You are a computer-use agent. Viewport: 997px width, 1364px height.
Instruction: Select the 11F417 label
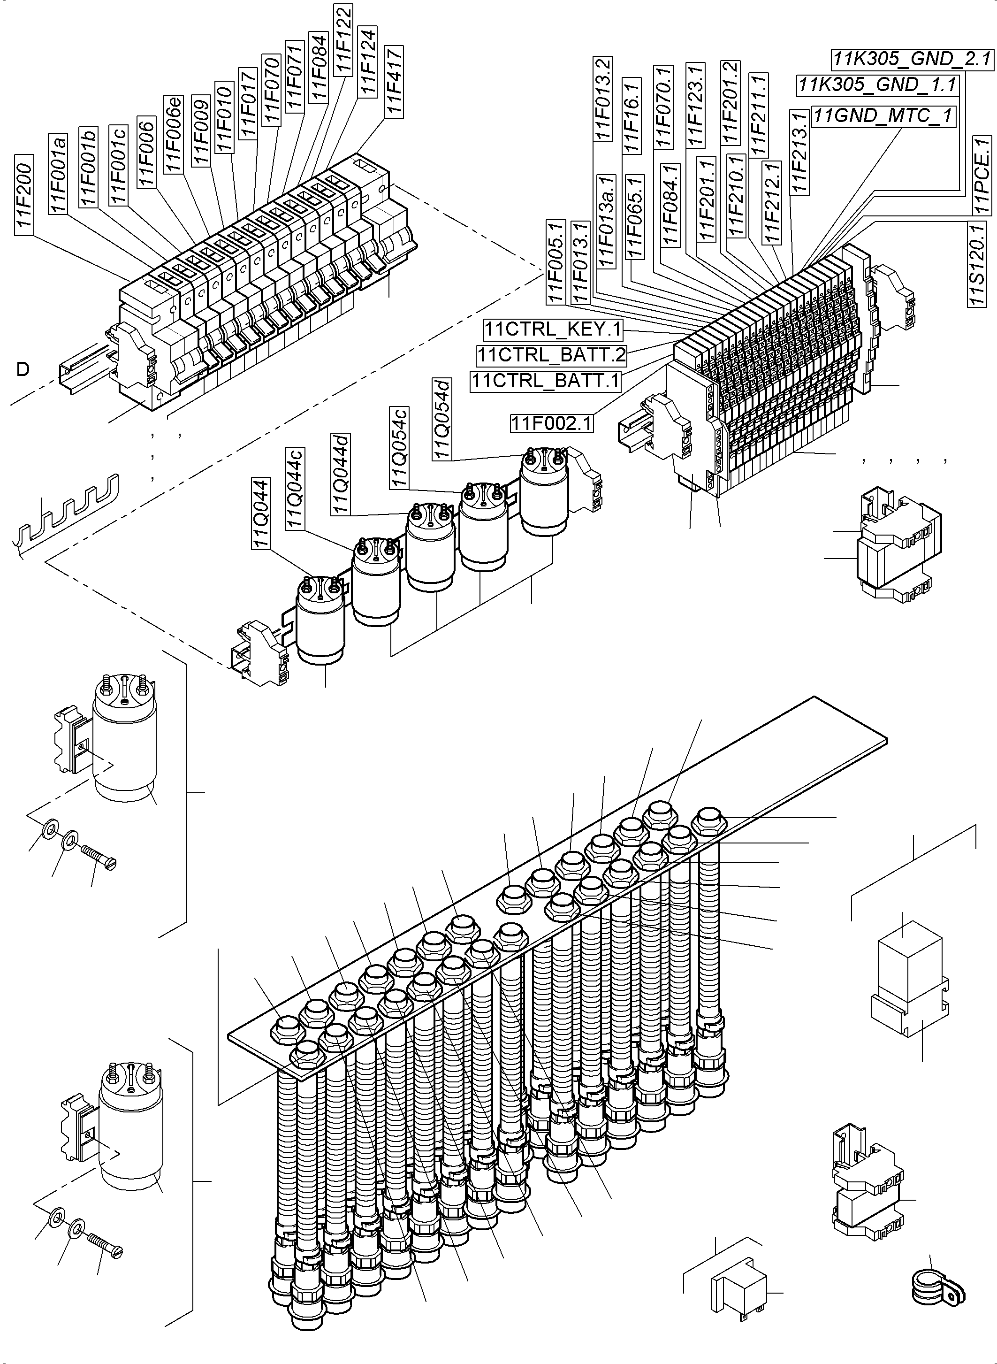394,81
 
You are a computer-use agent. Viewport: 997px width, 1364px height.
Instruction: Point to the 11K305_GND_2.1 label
911,59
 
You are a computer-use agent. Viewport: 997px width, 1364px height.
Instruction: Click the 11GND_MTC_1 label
883,115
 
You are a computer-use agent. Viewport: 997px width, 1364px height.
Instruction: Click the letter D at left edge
23,369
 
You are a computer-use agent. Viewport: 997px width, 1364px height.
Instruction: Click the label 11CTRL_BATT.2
551,355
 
